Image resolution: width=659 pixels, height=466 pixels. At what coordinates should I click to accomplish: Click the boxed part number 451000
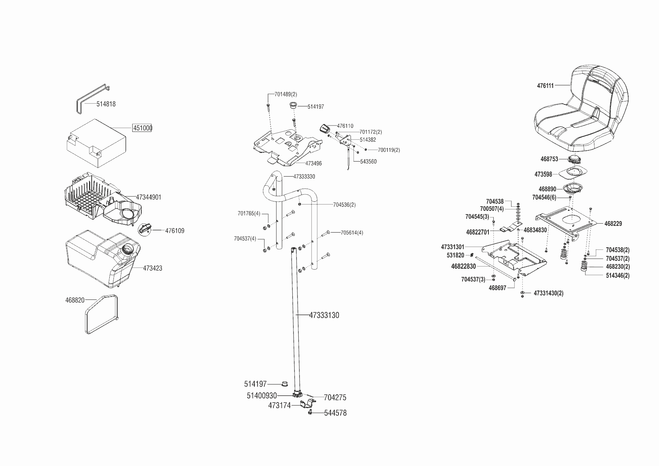(142, 128)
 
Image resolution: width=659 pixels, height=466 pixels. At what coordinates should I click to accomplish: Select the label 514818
(106, 104)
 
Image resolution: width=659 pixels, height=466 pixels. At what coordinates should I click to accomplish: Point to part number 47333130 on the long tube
(324, 315)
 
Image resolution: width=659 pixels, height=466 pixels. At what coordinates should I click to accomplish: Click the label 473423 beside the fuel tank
(153, 268)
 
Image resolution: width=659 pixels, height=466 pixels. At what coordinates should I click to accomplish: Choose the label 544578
(335, 413)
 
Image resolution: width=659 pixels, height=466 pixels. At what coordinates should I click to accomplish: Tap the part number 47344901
(148, 197)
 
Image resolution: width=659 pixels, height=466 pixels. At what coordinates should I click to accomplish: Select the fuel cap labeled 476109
(145, 228)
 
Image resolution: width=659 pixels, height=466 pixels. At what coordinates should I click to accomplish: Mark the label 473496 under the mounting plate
(313, 163)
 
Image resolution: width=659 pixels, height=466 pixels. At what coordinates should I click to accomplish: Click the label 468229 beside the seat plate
(613, 224)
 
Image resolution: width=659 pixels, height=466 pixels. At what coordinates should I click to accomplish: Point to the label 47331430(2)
(548, 293)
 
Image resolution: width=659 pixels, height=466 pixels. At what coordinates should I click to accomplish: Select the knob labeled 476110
(324, 128)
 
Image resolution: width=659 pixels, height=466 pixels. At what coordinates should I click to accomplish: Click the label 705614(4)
(352, 233)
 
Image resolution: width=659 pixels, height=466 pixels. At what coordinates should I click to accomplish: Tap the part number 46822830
(463, 266)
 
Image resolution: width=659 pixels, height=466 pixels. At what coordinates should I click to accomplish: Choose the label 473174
(279, 406)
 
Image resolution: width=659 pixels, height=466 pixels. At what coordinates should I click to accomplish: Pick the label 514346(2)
(617, 275)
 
